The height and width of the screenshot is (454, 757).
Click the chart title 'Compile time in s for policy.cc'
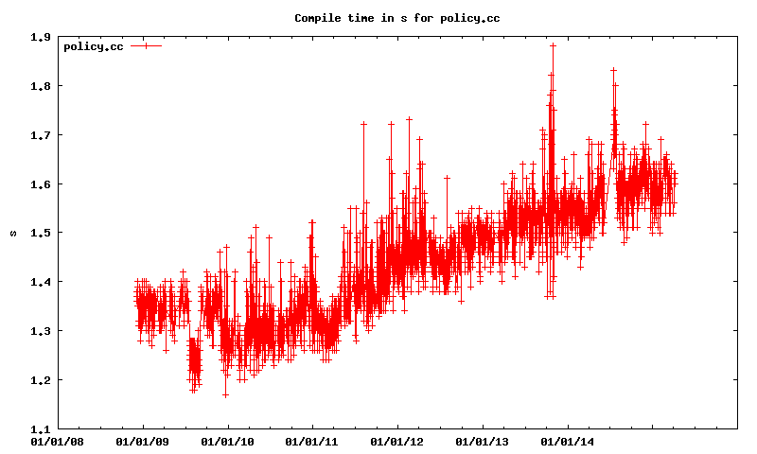point(378,18)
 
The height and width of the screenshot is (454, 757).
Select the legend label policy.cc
point(93,46)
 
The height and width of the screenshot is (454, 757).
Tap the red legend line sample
point(147,45)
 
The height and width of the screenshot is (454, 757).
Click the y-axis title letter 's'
point(13,233)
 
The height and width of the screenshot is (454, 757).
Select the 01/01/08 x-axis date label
point(58,441)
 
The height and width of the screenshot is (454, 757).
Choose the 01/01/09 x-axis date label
point(143,441)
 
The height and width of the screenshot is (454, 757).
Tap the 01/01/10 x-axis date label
point(227,441)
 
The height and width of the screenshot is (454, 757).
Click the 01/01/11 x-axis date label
point(312,441)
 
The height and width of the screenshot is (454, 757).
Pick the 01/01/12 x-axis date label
point(396,441)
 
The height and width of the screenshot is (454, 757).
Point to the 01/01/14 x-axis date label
point(566,441)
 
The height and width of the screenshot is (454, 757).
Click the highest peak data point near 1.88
point(553,45)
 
